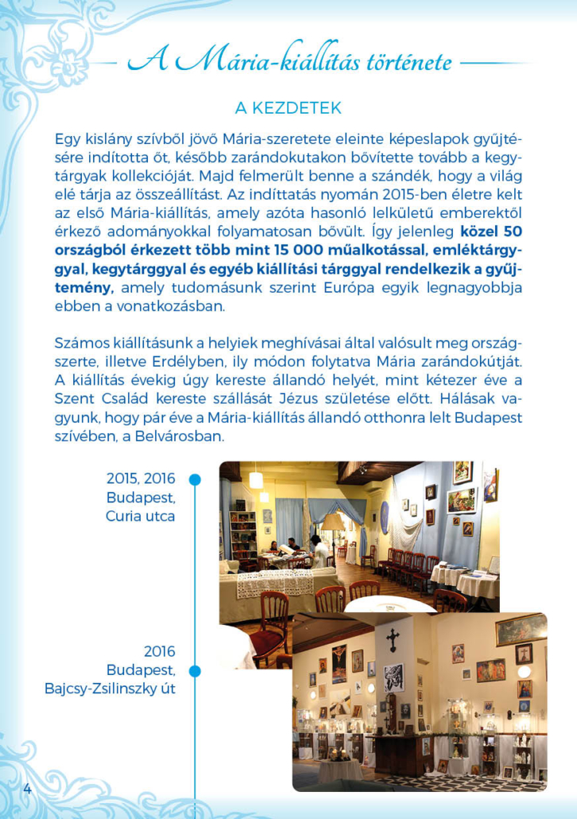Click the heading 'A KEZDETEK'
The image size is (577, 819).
288,107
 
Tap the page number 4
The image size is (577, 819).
27,789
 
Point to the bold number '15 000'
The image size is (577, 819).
341,252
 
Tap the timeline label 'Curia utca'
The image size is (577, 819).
141,515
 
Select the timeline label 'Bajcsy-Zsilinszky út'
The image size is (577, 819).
110,688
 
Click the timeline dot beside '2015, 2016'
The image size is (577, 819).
195,479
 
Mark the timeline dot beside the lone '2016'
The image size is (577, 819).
195,670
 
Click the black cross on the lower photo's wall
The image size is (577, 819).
393,639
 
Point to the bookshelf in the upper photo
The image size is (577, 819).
243,532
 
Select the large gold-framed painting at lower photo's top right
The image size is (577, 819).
521,629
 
